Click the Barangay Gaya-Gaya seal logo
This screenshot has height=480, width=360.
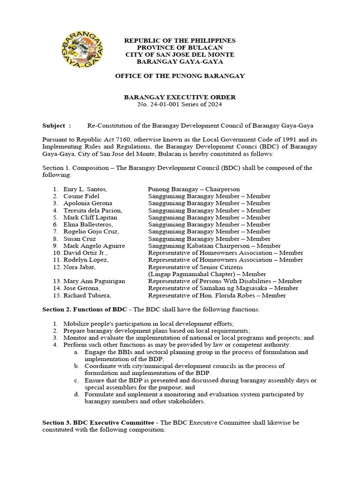tap(82, 48)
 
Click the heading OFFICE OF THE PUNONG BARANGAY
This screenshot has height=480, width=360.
tap(180, 76)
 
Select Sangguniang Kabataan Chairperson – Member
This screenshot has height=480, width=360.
tap(214, 246)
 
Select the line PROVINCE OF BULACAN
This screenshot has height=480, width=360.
tap(180, 48)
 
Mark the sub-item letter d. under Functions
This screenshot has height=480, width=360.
tap(76, 394)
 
